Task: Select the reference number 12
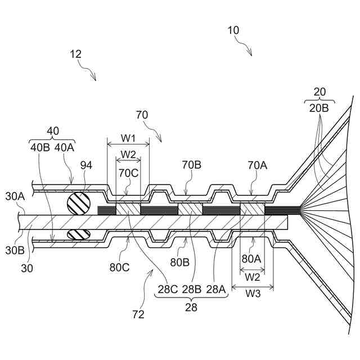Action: pyautogui.click(x=76, y=54)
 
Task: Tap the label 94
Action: pyautogui.click(x=86, y=165)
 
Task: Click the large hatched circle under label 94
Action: pyautogui.click(x=78, y=203)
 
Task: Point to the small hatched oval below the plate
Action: pyautogui.click(x=78, y=234)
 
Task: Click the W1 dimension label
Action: pyautogui.click(x=128, y=138)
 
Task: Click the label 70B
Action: pyautogui.click(x=191, y=165)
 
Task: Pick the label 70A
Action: pyautogui.click(x=258, y=165)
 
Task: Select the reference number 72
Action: pyautogui.click(x=138, y=314)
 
